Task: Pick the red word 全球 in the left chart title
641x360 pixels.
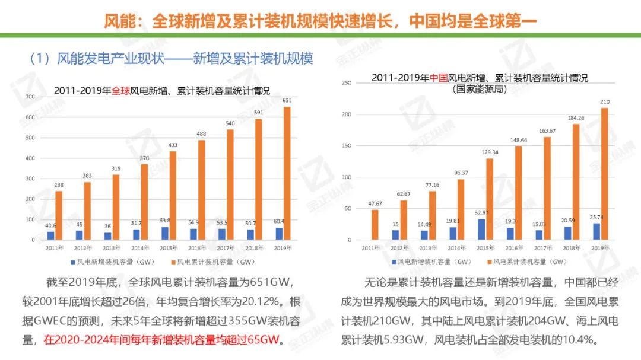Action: [120, 91]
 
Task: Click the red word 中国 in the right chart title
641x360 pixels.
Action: [438, 78]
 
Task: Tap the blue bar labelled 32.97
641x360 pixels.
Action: [481, 230]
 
